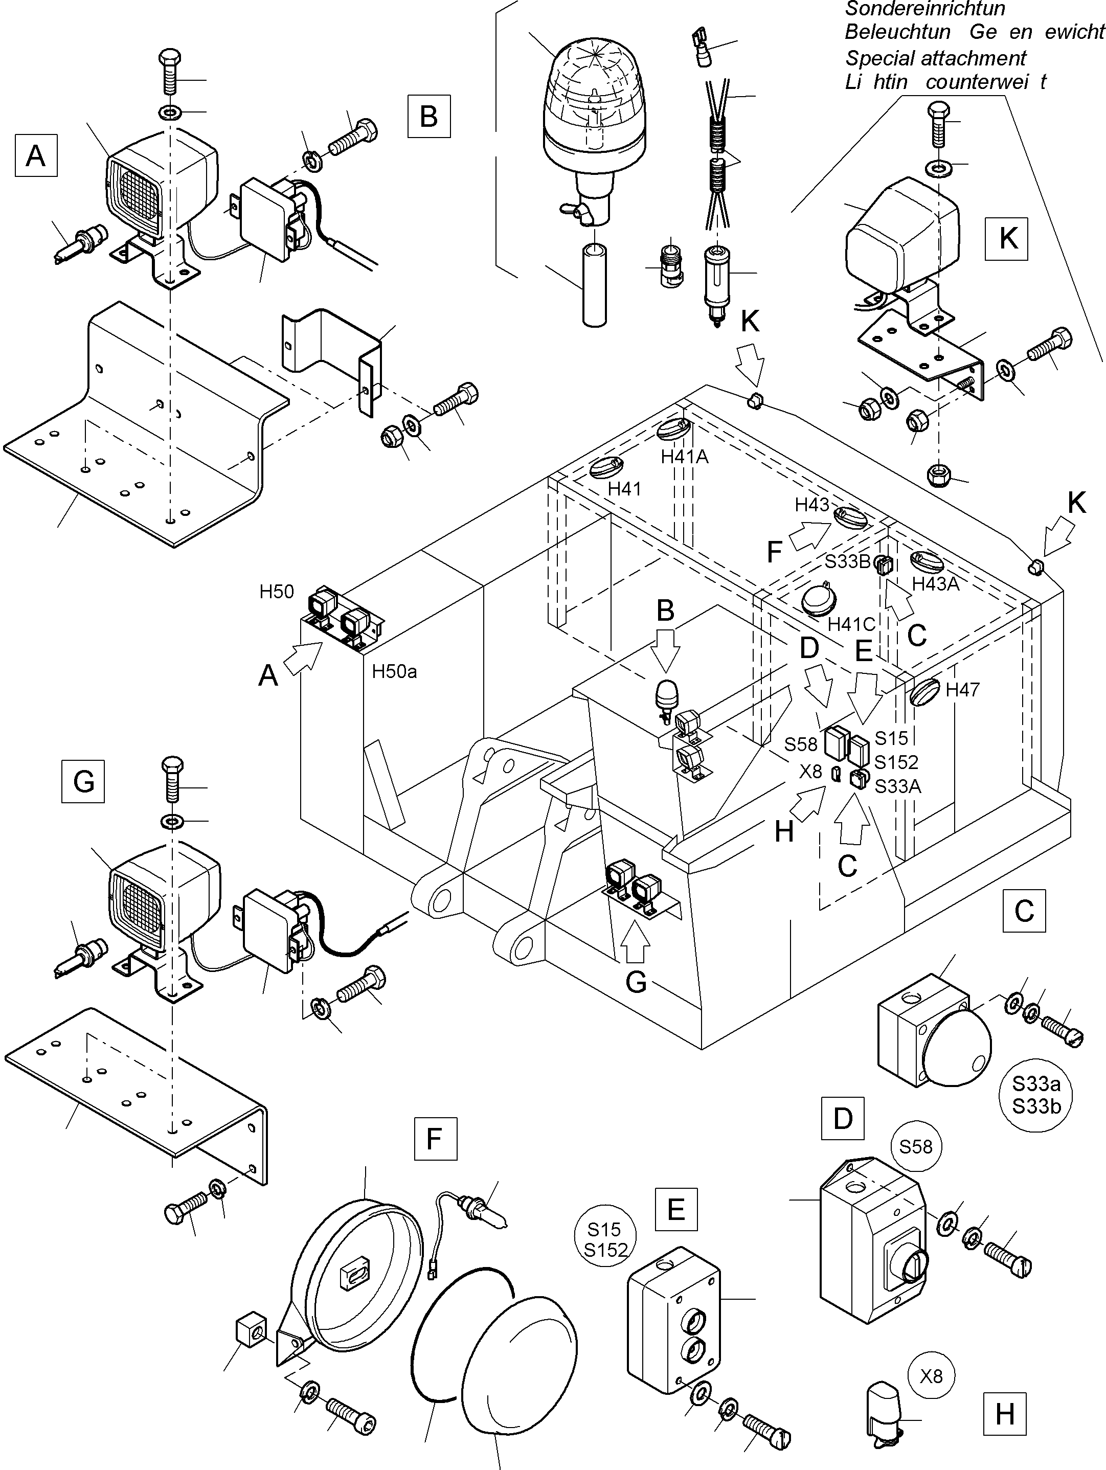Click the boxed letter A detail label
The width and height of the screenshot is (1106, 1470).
(36, 155)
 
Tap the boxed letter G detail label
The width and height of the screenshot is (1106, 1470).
(83, 781)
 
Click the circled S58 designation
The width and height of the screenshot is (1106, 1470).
(915, 1146)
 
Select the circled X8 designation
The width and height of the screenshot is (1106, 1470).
(931, 1375)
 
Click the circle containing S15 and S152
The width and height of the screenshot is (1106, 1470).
(605, 1240)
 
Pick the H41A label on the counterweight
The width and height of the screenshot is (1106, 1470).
(685, 457)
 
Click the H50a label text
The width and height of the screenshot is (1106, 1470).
(394, 671)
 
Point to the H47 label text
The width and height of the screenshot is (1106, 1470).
(962, 690)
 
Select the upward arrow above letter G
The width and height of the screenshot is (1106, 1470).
(636, 944)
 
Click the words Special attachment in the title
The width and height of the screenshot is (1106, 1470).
(935, 58)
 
